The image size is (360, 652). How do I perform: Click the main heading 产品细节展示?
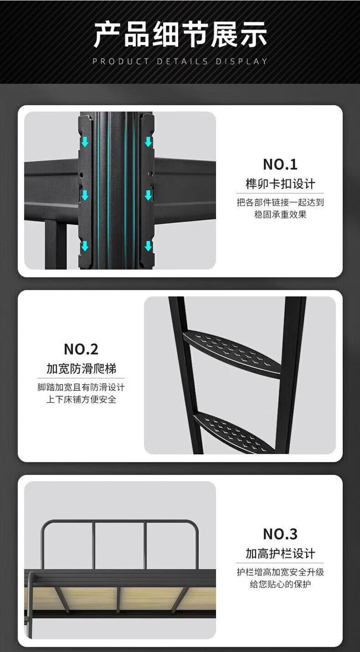[x=180, y=35]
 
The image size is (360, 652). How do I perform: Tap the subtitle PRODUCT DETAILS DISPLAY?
[x=180, y=61]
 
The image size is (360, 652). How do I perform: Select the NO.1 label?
[x=280, y=165]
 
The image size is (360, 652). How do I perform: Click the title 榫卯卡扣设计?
[x=280, y=184]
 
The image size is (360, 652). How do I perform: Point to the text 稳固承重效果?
[x=280, y=214]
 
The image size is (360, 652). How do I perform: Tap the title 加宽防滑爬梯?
[x=81, y=368]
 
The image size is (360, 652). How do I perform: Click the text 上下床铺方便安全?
[x=81, y=399]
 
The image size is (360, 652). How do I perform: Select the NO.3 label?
[x=280, y=534]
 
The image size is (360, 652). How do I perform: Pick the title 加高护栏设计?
[x=280, y=553]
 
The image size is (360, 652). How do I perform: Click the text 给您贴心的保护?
[x=280, y=584]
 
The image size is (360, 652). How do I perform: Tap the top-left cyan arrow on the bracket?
[x=85, y=142]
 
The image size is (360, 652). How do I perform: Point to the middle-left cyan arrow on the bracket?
[x=85, y=195]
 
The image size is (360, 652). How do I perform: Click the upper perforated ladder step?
[x=232, y=351]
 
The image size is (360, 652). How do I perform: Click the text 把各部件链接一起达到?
[x=280, y=202]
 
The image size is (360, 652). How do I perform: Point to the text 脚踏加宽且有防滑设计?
[x=81, y=387]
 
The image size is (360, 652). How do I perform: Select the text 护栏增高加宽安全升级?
[x=280, y=572]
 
